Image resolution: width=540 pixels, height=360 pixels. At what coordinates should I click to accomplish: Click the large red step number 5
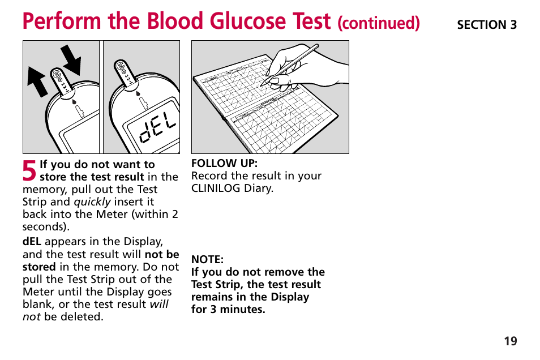click(30, 170)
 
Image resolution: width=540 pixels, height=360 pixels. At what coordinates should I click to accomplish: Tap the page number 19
click(510, 341)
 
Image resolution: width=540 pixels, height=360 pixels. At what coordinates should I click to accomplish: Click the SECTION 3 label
click(487, 24)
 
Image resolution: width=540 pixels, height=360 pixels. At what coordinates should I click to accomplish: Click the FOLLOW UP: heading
click(224, 163)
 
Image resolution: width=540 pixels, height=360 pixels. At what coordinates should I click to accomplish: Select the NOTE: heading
click(207, 260)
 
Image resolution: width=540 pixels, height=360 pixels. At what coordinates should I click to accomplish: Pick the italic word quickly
click(92, 202)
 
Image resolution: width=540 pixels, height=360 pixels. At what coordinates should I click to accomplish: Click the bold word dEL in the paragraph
click(32, 242)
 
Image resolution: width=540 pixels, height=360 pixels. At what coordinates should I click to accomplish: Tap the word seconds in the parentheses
click(44, 226)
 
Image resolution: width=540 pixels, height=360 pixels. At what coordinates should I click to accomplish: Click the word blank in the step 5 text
click(37, 304)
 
